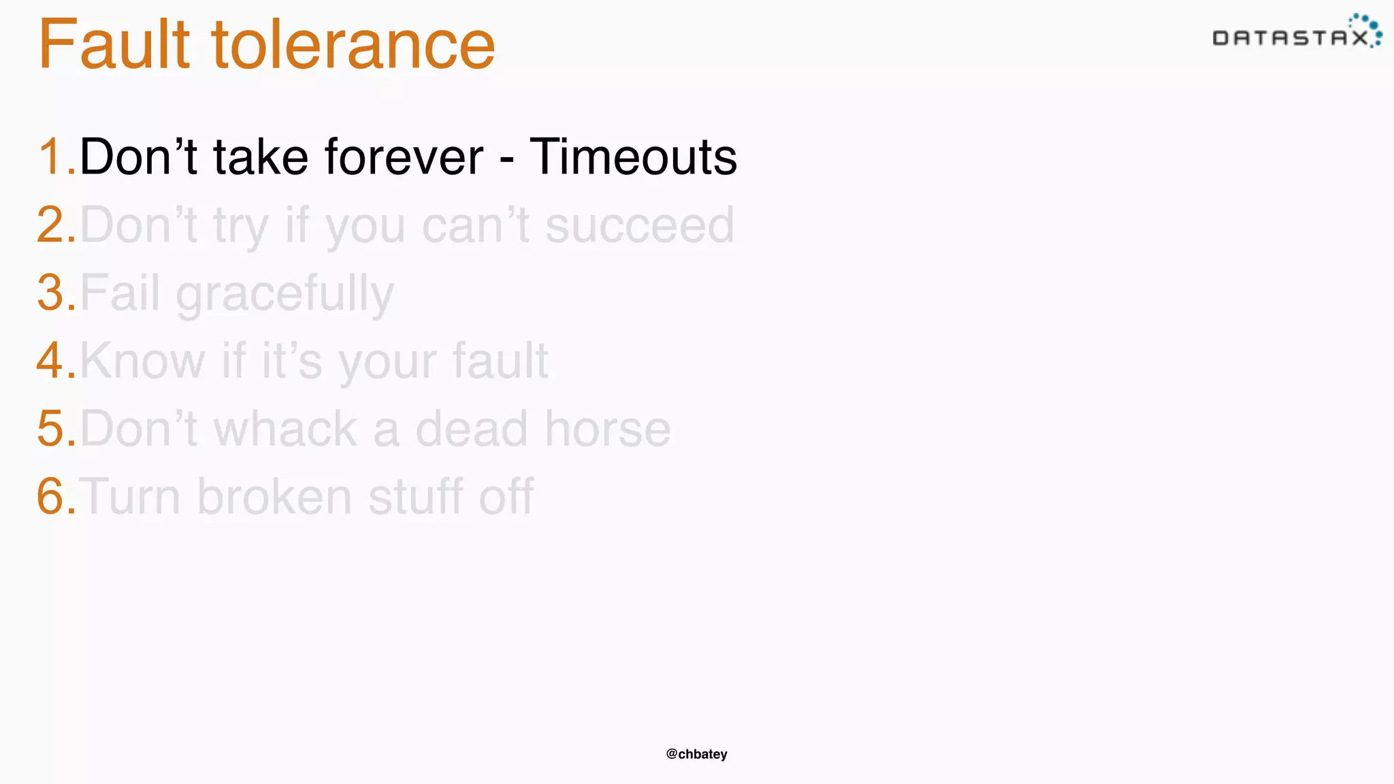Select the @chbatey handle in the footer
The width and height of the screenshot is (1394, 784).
[x=696, y=754]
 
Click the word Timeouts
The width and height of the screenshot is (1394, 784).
[x=633, y=157]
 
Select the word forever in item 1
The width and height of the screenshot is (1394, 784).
[x=404, y=157]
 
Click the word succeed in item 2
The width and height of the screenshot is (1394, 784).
[x=639, y=225]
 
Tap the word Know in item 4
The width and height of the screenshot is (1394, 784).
[x=142, y=361]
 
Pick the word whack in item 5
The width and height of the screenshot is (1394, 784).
[x=285, y=429]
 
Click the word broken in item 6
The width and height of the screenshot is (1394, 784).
[x=274, y=496]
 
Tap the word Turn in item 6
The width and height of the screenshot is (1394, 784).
[x=131, y=496]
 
